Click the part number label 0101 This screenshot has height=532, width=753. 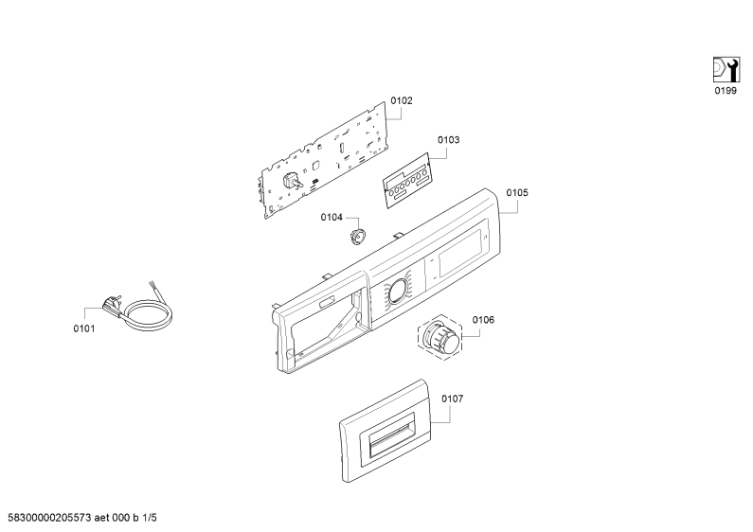coord(84,328)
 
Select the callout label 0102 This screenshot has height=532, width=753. coord(401,100)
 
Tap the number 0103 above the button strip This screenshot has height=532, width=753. coord(448,140)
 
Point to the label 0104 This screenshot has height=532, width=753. coord(332,218)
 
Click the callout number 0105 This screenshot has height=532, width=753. coord(517,192)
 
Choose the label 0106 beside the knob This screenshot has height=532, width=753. coord(483,320)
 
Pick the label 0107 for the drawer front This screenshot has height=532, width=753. coord(453,399)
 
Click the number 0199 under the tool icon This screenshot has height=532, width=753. coord(726,91)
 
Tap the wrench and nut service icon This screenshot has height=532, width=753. coord(726,70)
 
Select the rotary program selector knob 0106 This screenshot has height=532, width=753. coord(439,337)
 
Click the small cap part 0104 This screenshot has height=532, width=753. coord(357,237)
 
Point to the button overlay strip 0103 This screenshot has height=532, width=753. coord(406,181)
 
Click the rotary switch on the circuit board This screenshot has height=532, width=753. coord(291,182)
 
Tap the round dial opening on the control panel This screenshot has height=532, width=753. coord(399,291)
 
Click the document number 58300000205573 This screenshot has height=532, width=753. coord(49,518)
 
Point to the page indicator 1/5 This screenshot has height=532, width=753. coord(150,518)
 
